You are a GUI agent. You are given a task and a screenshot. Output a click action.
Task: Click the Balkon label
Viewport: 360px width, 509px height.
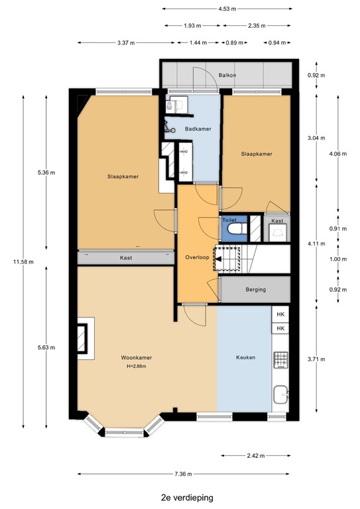coord(227,76)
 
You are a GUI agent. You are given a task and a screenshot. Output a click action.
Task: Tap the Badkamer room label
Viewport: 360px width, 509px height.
coord(198,129)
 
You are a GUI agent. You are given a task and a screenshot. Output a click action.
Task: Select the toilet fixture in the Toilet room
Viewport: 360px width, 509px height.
coord(234,230)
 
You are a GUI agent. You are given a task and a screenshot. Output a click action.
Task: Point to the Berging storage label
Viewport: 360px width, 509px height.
coord(255,290)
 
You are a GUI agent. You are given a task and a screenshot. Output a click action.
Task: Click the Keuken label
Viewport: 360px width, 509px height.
coord(246,358)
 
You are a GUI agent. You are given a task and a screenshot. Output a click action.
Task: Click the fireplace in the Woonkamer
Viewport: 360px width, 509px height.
coord(85,339)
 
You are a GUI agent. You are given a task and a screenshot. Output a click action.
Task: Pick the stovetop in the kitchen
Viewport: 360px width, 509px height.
coord(280,361)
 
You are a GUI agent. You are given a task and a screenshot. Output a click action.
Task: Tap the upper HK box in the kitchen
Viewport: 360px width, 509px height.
coord(280,314)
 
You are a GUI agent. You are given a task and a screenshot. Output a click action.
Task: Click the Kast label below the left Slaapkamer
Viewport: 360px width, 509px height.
coord(126,258)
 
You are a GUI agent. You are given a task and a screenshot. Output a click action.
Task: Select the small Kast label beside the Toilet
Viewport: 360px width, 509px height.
coord(277,221)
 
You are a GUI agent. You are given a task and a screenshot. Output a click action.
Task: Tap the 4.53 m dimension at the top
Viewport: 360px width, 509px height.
coord(227,9)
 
